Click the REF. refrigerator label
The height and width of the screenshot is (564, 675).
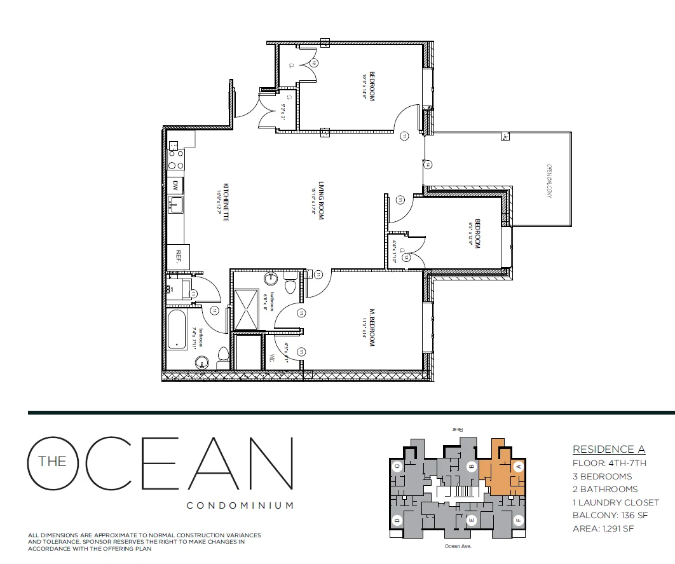click(179, 256)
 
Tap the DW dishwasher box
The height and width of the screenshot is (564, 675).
click(175, 186)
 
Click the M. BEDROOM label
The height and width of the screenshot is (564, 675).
click(372, 327)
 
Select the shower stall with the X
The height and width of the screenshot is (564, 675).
click(247, 310)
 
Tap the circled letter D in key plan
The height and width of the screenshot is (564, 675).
click(397, 519)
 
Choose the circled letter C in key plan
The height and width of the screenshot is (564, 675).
click(397, 466)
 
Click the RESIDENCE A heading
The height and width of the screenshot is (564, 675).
click(603, 450)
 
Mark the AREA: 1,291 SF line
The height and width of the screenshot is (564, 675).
click(603, 528)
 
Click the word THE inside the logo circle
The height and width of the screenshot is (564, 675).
click(52, 462)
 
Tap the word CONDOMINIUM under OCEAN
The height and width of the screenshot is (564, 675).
click(240, 506)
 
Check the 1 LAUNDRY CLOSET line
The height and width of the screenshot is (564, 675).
click(615, 502)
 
